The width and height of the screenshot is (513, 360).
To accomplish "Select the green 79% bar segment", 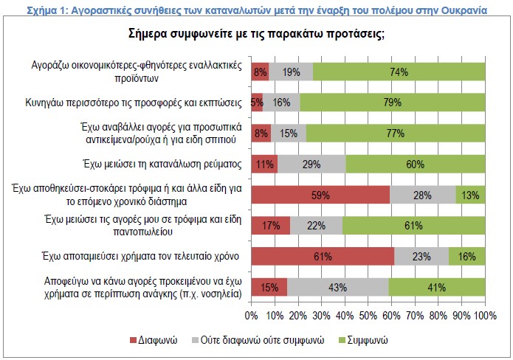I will (393, 103).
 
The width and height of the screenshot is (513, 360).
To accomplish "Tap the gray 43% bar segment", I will (337, 286).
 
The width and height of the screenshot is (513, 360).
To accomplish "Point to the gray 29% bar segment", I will (311, 164).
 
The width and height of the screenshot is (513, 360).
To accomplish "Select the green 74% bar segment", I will (399, 72).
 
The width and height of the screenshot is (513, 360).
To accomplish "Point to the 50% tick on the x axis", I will (368, 316).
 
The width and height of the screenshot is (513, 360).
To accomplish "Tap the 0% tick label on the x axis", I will (252, 316).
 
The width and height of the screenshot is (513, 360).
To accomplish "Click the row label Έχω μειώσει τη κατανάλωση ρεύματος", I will (165, 164).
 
